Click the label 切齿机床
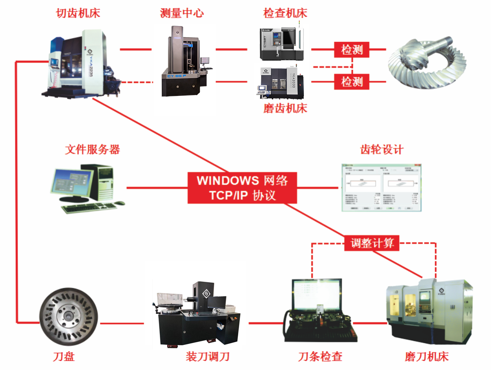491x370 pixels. pyautogui.click(x=78, y=13)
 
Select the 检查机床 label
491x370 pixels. pyautogui.click(x=285, y=13)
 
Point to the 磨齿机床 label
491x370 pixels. pyautogui.click(x=285, y=108)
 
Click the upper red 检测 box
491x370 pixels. pyautogui.click(x=352, y=50)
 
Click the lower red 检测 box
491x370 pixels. pyautogui.click(x=352, y=81)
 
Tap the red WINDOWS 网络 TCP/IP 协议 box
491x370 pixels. pyautogui.click(x=242, y=188)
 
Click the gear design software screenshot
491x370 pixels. pyautogui.click(x=381, y=187)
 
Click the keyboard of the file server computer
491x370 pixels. pyautogui.click(x=89, y=208)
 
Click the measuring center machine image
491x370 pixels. pyautogui.click(x=181, y=62)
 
